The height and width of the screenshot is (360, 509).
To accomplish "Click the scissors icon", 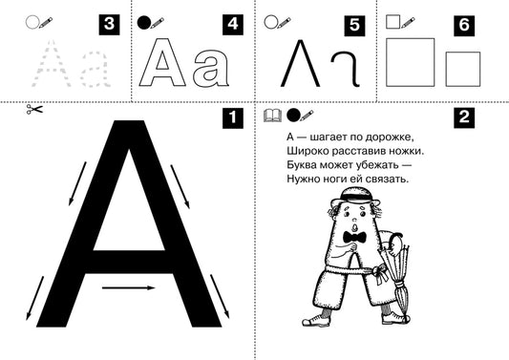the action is point(34,109).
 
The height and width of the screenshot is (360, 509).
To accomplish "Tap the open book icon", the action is point(273,116).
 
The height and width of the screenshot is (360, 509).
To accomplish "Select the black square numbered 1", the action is point(233,117).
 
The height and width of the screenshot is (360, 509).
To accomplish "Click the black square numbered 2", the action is point(464,117).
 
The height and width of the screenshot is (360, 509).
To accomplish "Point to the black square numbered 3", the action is point(109,25).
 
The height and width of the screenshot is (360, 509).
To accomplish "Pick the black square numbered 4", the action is point(233,25).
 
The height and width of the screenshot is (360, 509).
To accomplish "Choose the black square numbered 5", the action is point(354,26).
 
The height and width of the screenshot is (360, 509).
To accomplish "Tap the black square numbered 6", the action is point(464,26).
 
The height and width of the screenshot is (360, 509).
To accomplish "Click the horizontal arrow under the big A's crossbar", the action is point(129,287).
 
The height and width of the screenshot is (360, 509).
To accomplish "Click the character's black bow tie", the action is point(355,238).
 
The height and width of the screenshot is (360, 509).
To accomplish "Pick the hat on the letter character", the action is point(355,197).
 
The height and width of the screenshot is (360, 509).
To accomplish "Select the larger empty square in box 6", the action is point(411,62).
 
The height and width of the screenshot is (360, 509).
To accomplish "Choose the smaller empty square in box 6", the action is point(463,69).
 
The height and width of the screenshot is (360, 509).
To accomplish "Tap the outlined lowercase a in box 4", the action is point(212,68).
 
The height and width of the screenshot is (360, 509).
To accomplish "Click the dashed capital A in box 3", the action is point(52,64).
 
